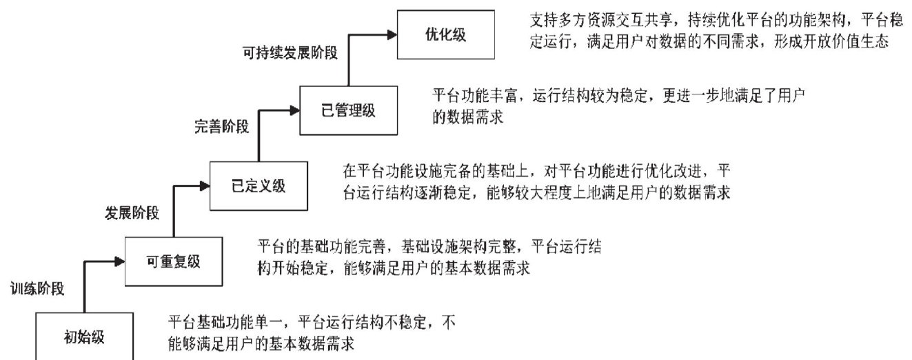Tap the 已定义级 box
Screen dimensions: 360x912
coord(258,185)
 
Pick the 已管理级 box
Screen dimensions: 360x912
coord(349,110)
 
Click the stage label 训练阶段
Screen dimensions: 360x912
coord(38,289)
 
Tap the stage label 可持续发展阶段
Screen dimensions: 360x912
coord(290,52)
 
